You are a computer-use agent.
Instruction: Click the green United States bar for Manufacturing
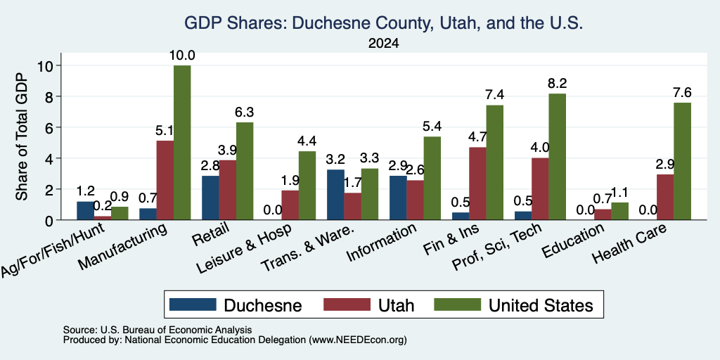click(182, 143)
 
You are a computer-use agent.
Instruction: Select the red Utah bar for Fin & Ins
click(477, 184)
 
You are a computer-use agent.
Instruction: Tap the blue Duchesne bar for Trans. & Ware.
click(335, 195)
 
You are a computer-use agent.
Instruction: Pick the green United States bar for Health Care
click(682, 161)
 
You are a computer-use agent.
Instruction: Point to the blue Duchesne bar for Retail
click(210, 198)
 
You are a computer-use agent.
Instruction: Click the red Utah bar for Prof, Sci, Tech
click(540, 188)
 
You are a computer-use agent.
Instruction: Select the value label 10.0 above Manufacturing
click(182, 56)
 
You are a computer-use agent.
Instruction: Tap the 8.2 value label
click(557, 84)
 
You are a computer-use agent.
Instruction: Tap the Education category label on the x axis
click(572, 241)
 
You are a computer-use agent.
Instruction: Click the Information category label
click(382, 243)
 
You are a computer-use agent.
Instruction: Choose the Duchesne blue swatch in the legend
click(193, 304)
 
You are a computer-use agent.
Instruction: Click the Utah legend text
click(397, 305)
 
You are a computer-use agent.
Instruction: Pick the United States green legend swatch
click(457, 304)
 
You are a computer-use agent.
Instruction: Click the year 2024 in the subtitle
click(383, 44)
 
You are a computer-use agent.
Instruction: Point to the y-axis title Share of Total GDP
click(22, 136)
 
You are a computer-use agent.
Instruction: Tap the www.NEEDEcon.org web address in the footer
click(358, 340)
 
